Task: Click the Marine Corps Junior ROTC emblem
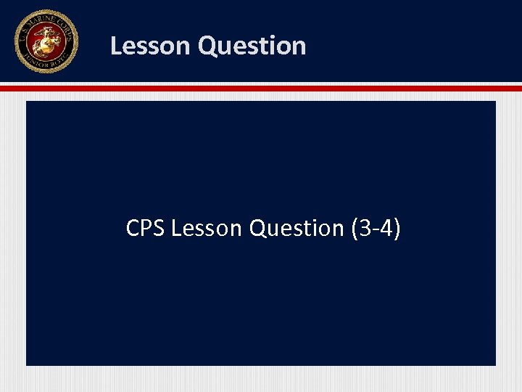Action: coord(45,41)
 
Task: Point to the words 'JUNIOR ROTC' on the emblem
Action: coord(45,63)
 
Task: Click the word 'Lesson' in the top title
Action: coord(150,46)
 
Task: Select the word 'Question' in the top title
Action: coord(252,46)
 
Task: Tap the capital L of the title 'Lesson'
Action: coord(116,46)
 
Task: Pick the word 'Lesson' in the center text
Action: coord(207,228)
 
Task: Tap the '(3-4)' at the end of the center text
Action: coord(375,228)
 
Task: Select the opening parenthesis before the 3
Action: coord(354,229)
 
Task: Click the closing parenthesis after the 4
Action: coord(396,229)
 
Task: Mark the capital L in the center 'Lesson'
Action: coord(176,228)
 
